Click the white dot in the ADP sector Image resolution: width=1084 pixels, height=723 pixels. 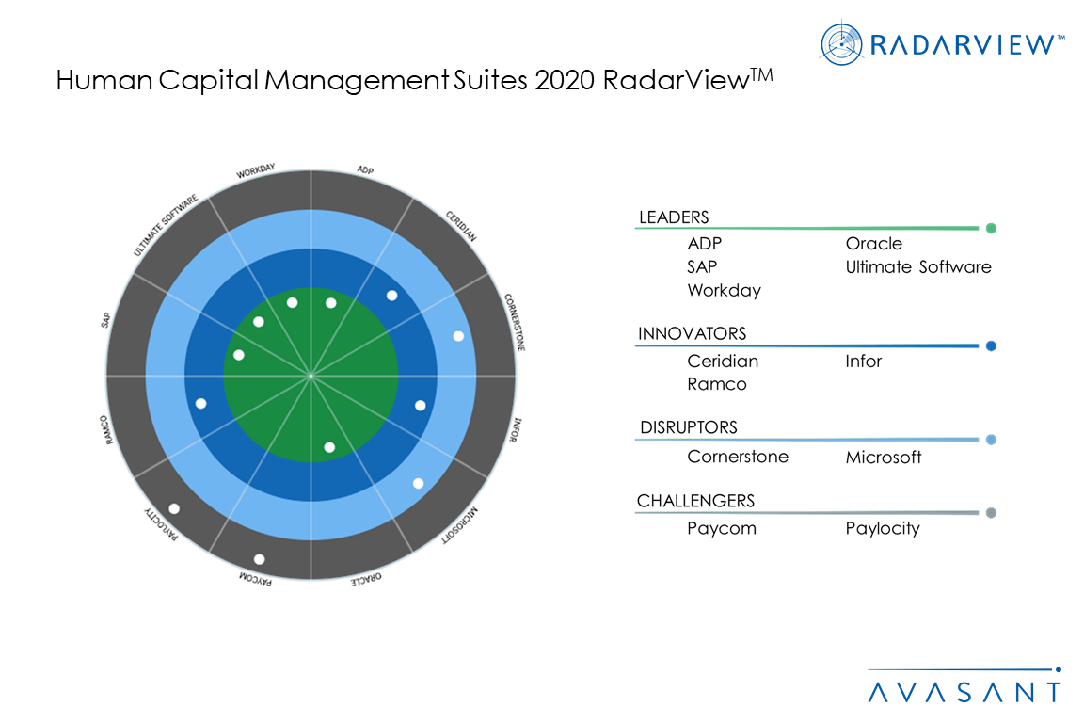click(330, 303)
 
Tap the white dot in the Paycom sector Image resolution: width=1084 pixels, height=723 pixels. click(260, 559)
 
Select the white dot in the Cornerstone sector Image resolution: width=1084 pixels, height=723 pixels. click(458, 336)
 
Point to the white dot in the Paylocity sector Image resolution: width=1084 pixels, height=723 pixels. click(174, 508)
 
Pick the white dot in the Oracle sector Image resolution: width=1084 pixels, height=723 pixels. click(329, 446)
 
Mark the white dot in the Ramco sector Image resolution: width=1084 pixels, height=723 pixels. click(200, 403)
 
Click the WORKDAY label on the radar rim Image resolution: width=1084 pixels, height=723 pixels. click(256, 171)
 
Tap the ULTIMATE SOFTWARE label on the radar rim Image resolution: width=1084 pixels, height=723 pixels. click(166, 227)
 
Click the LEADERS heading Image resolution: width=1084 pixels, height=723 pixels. click(674, 217)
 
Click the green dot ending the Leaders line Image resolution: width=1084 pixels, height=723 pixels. click(991, 228)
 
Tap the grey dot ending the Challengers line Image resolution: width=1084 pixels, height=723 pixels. click(991, 513)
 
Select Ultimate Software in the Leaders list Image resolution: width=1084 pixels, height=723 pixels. click(918, 267)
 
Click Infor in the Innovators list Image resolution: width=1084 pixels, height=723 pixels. click(863, 361)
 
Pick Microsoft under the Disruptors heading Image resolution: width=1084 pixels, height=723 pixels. click(884, 458)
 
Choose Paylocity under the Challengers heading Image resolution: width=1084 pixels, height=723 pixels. click(883, 529)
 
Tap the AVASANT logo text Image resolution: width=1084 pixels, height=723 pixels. click(964, 692)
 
